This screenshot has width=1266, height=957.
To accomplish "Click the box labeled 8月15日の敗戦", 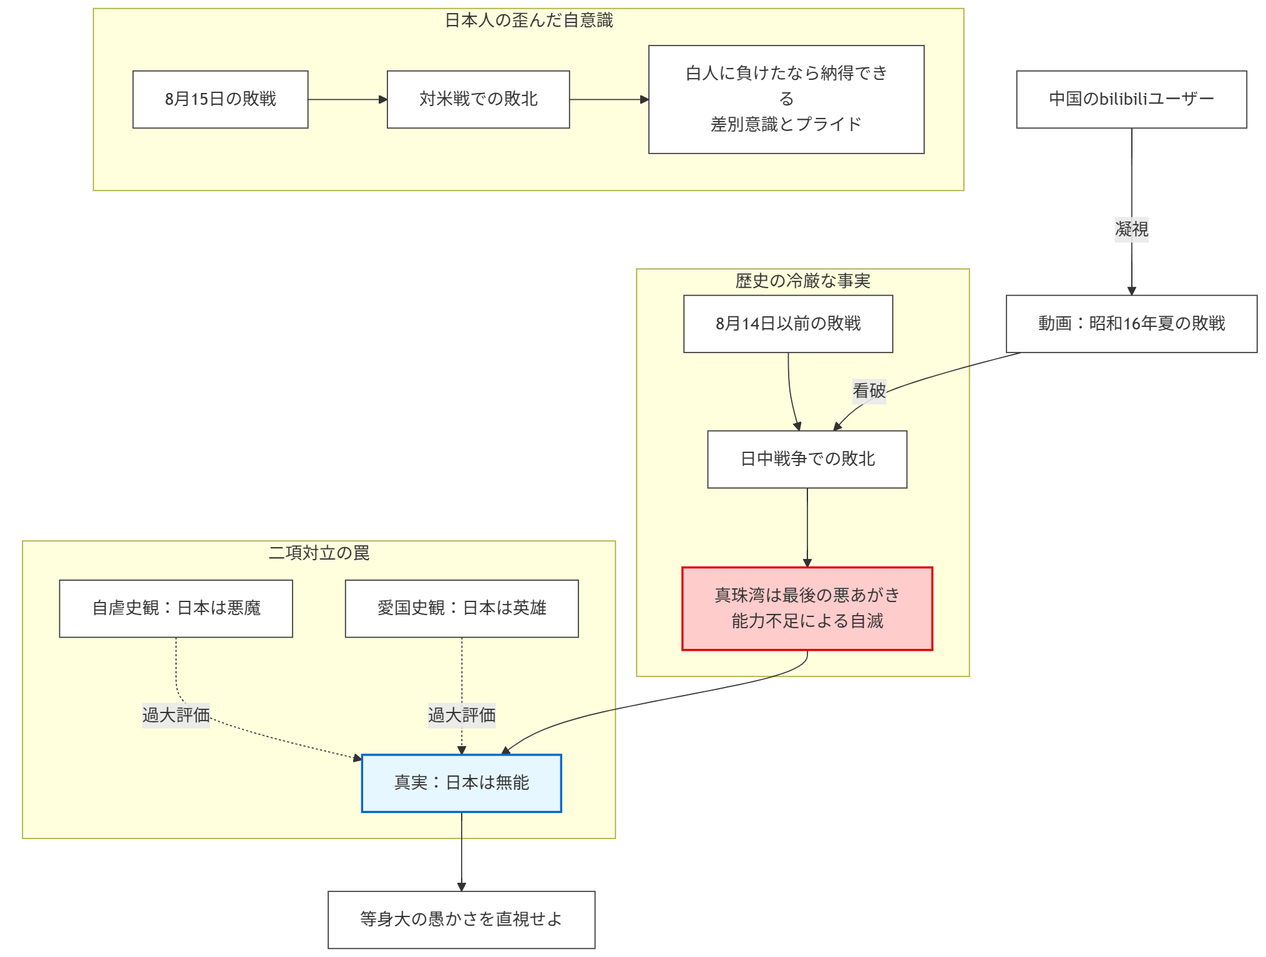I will tap(220, 99).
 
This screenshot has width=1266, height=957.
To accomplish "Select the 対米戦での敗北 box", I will tap(478, 99).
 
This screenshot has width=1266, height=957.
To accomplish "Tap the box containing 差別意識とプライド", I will tap(786, 99).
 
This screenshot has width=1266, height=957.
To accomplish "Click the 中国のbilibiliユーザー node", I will tap(1131, 99).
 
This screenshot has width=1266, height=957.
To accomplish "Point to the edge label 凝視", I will tap(1131, 229).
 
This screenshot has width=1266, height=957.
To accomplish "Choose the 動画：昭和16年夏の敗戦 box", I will tap(1131, 324).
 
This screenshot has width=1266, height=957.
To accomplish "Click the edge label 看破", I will tap(869, 391).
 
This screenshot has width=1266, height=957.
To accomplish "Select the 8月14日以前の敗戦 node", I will tap(787, 324).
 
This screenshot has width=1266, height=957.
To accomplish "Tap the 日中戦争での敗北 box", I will tap(807, 459).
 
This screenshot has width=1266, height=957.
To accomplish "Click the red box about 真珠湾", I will tap(807, 608).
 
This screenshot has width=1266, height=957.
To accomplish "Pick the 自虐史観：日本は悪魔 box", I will tap(176, 608).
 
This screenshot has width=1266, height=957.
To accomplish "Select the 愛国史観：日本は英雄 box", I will tap(461, 608).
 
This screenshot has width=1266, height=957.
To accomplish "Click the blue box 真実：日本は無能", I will tap(461, 783).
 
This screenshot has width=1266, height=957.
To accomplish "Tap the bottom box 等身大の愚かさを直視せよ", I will tap(461, 919).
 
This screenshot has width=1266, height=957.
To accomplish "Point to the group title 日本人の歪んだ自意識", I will tap(528, 21).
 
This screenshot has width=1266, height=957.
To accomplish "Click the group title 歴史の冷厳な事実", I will tap(802, 281).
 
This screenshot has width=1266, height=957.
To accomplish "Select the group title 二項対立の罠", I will tap(319, 553).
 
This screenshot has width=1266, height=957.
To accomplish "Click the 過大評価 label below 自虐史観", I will tap(176, 715).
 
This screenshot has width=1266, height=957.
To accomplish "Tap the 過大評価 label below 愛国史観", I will tap(461, 715).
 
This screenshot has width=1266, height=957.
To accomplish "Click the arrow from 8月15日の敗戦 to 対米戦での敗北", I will tap(348, 99).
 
